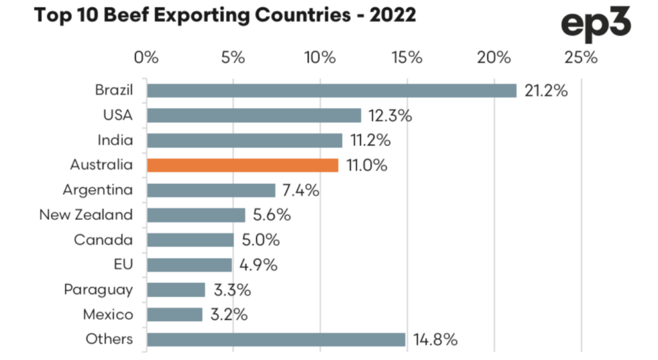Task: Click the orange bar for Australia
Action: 242,165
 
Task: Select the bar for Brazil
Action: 331,91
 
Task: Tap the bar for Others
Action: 276,339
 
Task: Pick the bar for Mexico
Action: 174,314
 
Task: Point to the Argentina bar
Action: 211,190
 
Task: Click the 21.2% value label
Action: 546,91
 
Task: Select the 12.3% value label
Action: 390,116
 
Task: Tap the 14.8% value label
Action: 435,339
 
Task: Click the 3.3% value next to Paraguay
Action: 233,289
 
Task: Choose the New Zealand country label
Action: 86,215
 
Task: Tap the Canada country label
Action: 103,240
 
